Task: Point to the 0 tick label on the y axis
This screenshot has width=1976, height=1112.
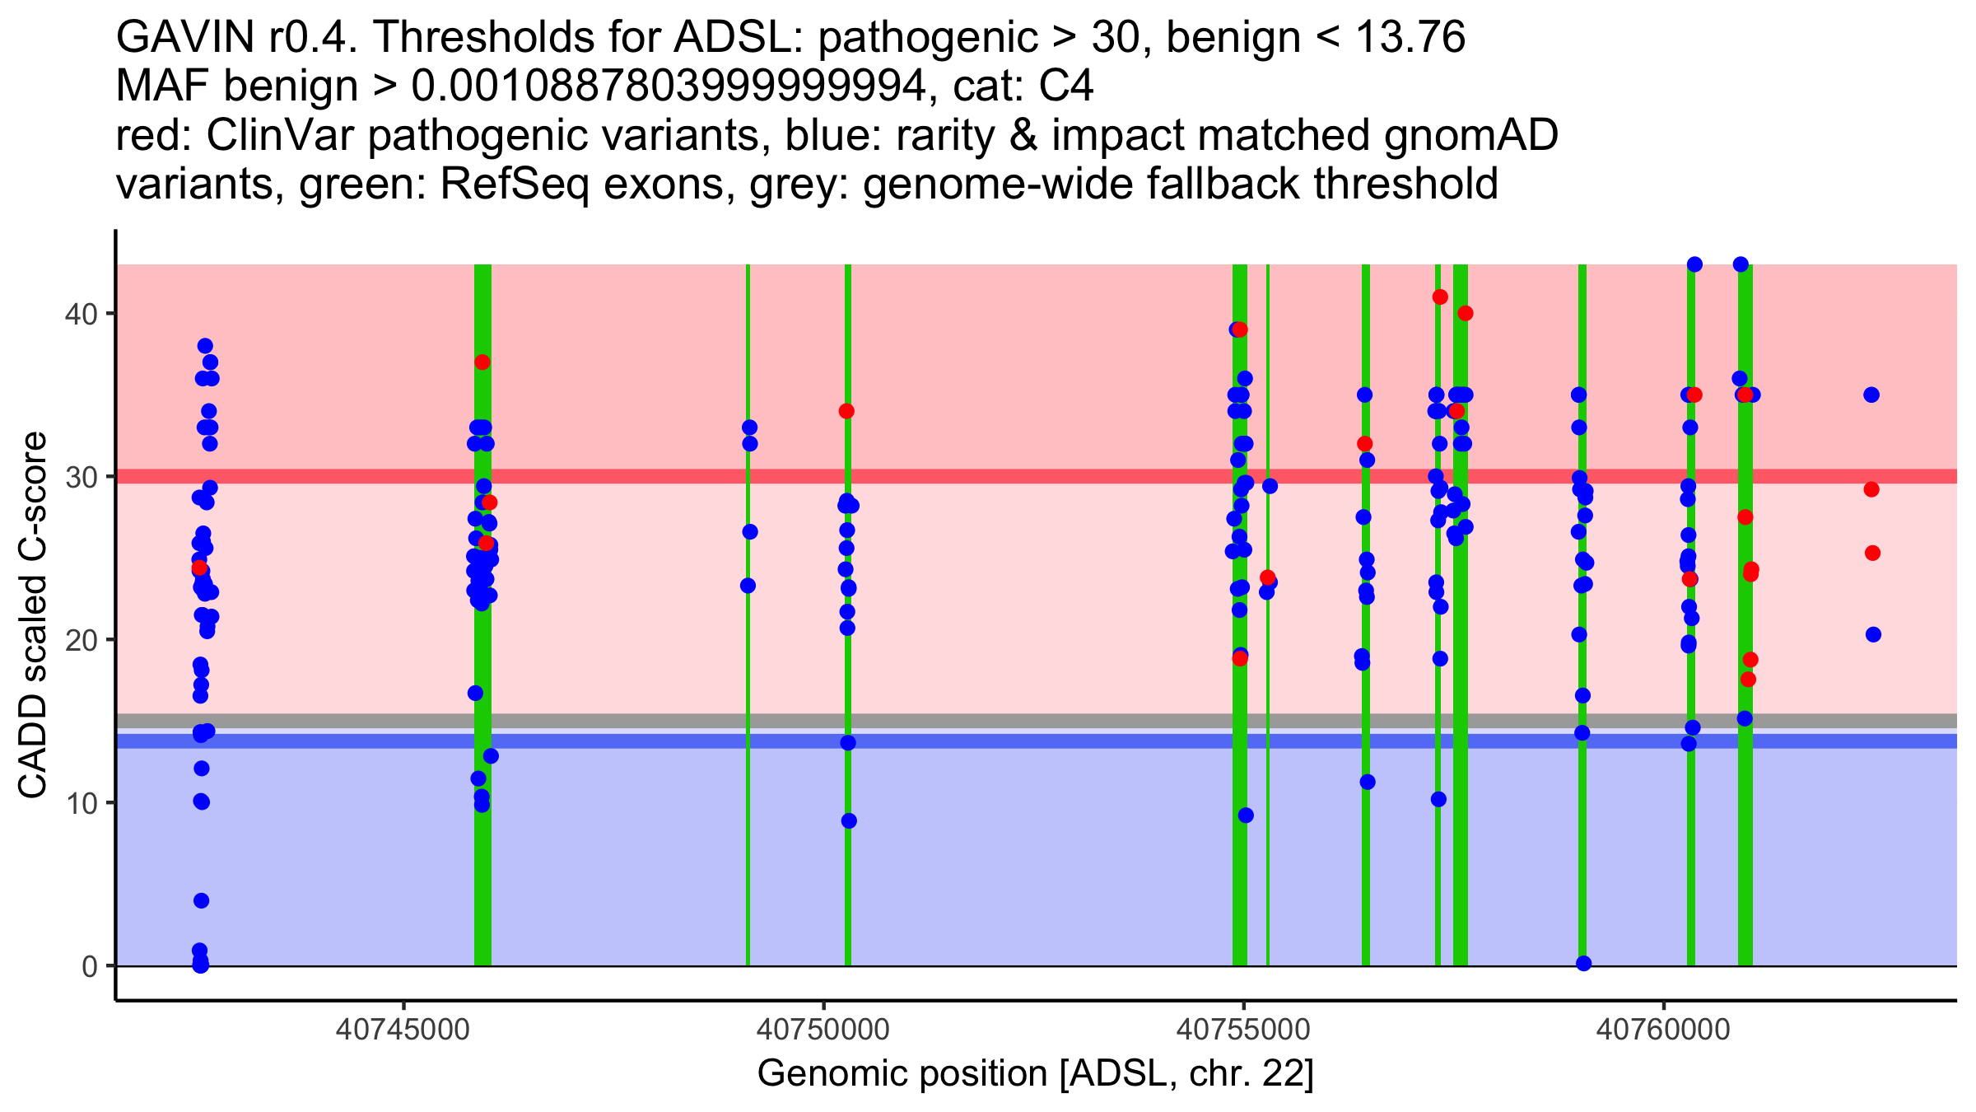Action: pos(89,966)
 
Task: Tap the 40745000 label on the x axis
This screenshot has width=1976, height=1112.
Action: pos(403,1030)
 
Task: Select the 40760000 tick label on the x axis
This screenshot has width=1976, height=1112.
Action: pos(1663,1030)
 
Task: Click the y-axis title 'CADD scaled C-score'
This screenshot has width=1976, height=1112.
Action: pos(33,616)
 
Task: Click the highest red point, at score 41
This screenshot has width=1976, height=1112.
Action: pos(1440,297)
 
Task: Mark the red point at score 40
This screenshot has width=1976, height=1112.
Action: pos(1466,314)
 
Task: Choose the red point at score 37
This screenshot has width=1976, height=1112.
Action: pos(482,362)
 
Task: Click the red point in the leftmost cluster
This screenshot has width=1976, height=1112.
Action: pos(199,568)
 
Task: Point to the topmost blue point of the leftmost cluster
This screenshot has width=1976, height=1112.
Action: pos(205,346)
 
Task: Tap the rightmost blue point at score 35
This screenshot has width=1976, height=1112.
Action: pos(1871,395)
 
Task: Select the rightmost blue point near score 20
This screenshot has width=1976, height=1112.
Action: pos(1873,634)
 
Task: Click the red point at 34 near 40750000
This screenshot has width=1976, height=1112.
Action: pos(846,411)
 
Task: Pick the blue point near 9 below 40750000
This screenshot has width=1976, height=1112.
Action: pos(849,820)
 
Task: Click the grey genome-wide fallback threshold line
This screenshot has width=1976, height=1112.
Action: pos(988,721)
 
